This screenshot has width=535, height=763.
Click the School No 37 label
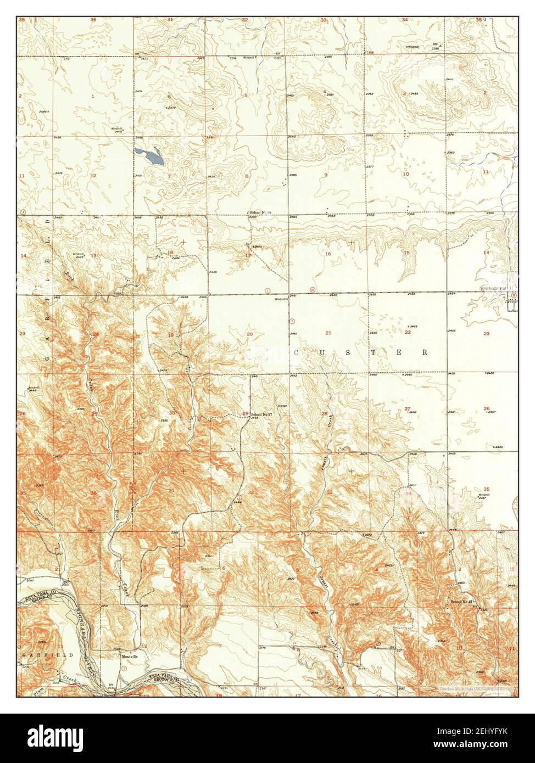pos(262,413)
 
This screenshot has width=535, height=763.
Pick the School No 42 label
pos(461,602)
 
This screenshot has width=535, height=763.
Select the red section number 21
pos(328,333)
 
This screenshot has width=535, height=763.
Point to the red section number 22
pos(408,332)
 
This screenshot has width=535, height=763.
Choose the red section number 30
pos(171,413)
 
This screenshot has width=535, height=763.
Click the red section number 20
pos(249,334)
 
